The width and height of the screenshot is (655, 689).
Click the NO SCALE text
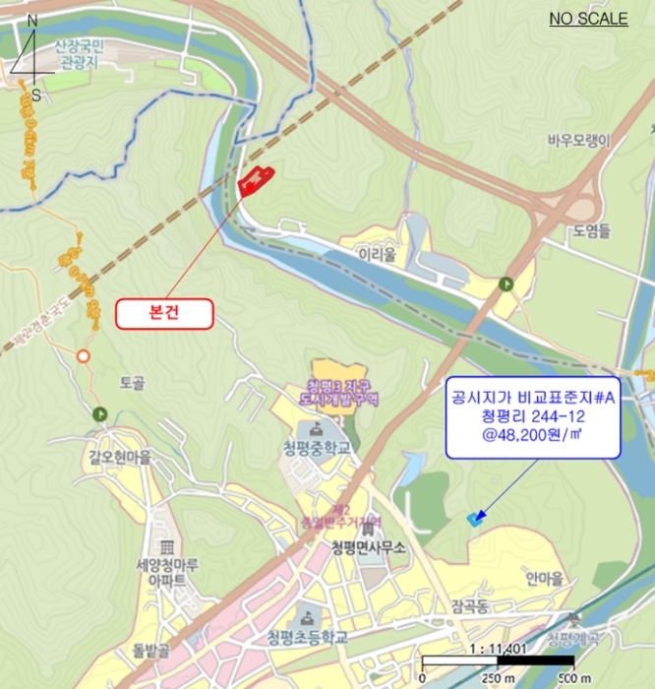click(588, 19)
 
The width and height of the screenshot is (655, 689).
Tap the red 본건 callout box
click(165, 313)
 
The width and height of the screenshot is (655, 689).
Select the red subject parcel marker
click(256, 180)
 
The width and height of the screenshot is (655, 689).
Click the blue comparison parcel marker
click(476, 518)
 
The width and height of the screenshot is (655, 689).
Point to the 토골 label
click(133, 382)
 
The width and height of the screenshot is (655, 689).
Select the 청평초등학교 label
click(307, 638)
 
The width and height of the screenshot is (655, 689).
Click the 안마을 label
click(543, 578)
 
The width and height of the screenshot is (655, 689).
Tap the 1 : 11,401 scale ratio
click(472, 649)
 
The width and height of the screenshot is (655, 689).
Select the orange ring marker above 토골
click(84, 355)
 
